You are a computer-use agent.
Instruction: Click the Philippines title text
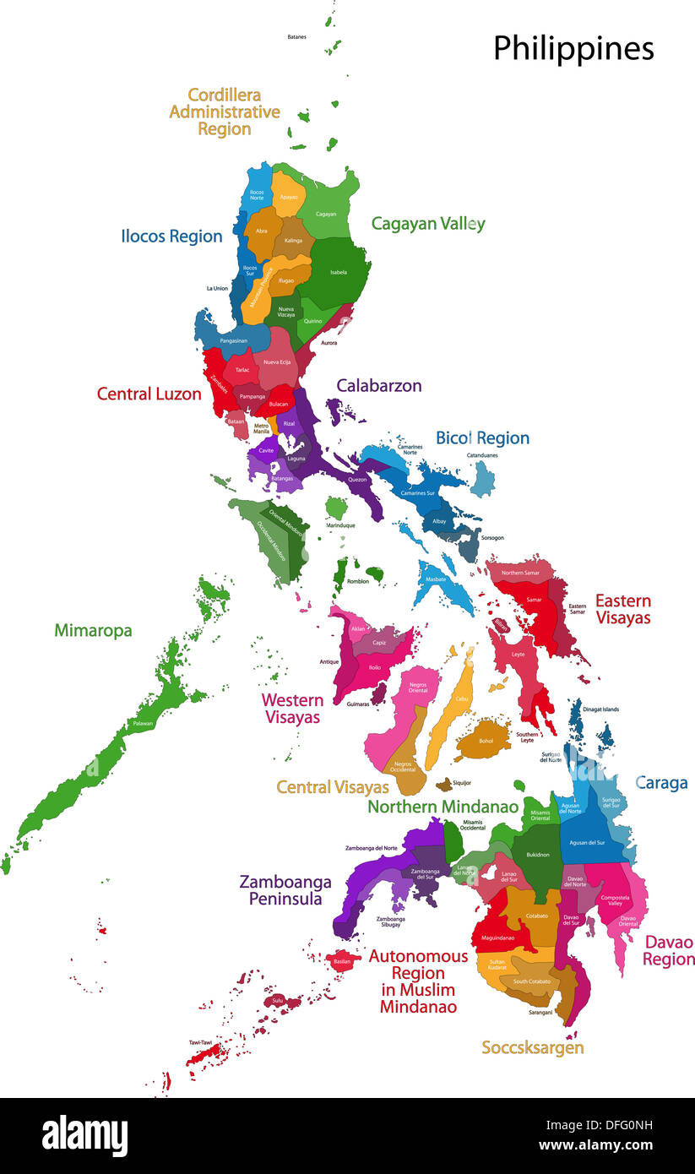(x=573, y=49)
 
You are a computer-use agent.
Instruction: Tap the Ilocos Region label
(x=171, y=236)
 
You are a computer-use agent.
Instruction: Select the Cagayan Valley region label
(x=428, y=224)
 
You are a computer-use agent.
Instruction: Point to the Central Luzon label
(x=149, y=394)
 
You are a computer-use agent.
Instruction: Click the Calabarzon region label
(x=378, y=385)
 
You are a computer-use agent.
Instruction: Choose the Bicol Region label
(x=482, y=438)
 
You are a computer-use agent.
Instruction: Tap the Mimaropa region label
(x=93, y=630)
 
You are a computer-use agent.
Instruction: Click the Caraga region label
(x=661, y=783)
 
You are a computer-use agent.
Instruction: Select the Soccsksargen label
(x=532, y=1047)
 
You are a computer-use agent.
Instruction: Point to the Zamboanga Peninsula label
(x=285, y=889)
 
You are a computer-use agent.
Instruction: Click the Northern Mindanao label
(x=443, y=807)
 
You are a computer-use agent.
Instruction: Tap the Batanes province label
(x=296, y=37)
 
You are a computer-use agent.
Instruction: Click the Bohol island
(x=484, y=739)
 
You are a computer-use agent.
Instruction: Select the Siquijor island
(x=444, y=785)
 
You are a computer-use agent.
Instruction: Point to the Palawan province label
(x=142, y=724)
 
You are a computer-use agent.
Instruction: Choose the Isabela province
(x=338, y=270)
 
